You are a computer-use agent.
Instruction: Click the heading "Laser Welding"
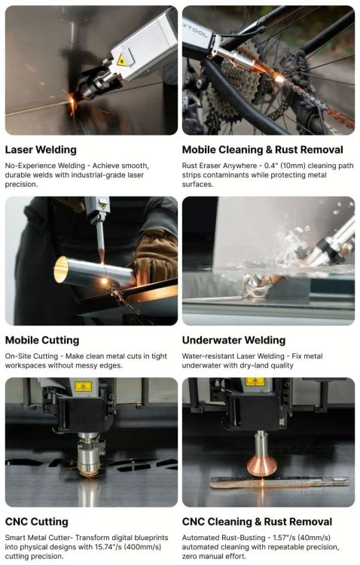(x=41, y=150)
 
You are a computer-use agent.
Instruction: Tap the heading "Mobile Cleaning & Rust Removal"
(x=262, y=150)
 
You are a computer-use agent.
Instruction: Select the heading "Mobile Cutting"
(x=42, y=341)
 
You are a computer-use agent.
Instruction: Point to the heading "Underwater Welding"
(x=233, y=341)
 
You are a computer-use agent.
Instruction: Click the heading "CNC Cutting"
(x=37, y=522)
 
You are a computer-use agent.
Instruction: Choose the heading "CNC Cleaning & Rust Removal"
(x=257, y=522)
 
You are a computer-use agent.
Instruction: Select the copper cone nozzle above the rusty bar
(x=262, y=465)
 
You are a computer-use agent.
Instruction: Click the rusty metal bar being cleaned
(x=279, y=482)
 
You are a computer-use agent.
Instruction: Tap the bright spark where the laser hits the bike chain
(x=279, y=78)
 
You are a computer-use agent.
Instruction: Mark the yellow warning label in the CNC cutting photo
(x=84, y=386)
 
